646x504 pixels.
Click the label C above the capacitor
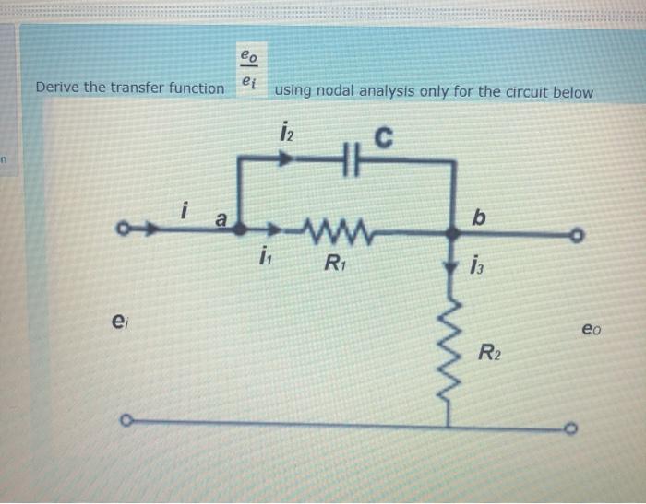coord(383,140)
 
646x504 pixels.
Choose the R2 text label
coord(490,351)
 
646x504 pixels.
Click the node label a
coord(221,219)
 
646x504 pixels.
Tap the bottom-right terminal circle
coord(572,428)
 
